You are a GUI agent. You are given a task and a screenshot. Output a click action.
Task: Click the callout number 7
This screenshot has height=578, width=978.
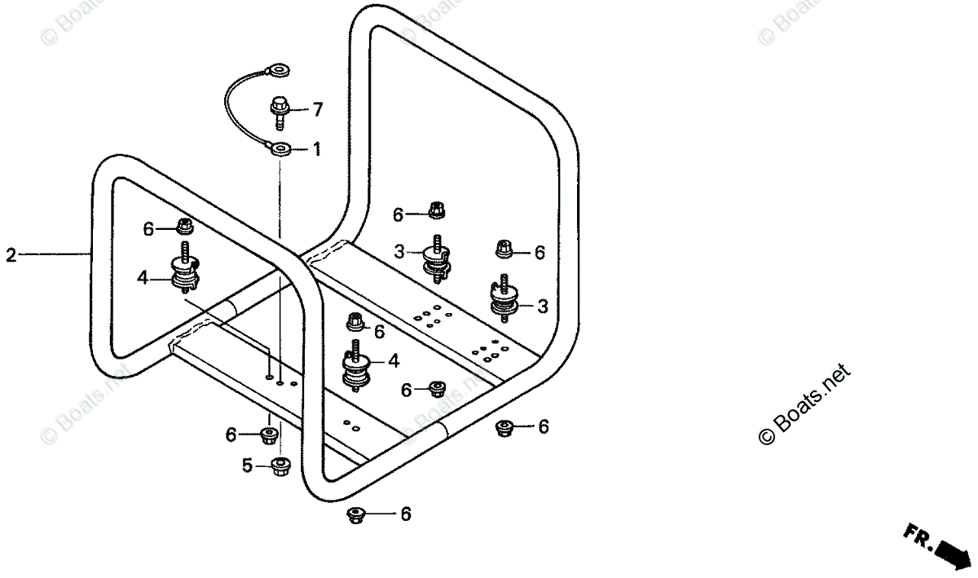pos(318,108)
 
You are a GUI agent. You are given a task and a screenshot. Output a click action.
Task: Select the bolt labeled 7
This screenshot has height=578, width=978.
pos(279,110)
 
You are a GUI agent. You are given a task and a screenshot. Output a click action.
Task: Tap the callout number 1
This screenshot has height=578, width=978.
pos(317,150)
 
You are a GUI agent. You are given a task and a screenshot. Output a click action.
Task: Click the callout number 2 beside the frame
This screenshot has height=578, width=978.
pos(11,255)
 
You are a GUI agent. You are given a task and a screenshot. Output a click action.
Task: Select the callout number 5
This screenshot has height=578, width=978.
pos(246,466)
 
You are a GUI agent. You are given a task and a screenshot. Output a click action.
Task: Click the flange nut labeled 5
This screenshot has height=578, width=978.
pos(280,466)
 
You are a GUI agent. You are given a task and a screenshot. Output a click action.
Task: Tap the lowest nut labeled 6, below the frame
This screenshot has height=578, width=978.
pos(355,514)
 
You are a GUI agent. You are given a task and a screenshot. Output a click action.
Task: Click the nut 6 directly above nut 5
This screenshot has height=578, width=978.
pos(268,435)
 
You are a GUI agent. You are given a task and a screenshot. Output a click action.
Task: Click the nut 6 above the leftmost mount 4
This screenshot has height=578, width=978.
pos(184,227)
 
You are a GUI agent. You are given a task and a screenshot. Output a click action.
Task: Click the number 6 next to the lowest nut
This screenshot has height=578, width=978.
pos(405,514)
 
